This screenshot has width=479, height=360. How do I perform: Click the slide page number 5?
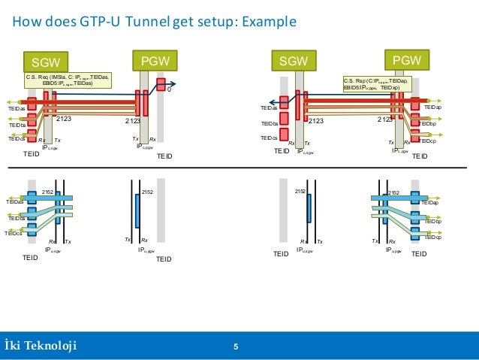click(236, 346)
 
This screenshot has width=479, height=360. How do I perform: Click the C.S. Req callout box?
click(68, 80)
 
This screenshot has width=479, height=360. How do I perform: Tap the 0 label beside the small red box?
click(169, 90)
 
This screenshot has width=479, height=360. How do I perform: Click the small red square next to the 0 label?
click(160, 82)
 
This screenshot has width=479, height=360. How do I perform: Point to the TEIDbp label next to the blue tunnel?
click(432, 222)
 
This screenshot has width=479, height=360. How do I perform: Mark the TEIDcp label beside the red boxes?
click(427, 141)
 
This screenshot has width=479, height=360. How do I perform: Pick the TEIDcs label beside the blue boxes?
click(14, 233)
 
